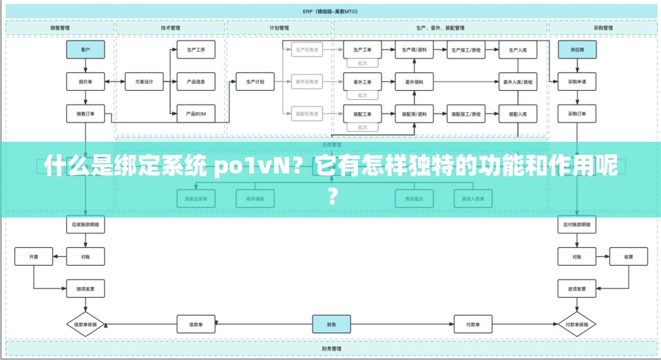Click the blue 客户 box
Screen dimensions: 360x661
pyautogui.click(x=85, y=50)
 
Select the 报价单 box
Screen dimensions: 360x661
pyautogui.click(x=85, y=82)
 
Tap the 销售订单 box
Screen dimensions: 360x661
pyautogui.click(x=85, y=114)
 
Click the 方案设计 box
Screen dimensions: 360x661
pyautogui.click(x=144, y=82)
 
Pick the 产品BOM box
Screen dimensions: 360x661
pyautogui.click(x=196, y=114)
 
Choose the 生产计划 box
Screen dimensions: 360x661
pyautogui.click(x=255, y=82)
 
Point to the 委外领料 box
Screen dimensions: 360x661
pyautogui.click(x=414, y=82)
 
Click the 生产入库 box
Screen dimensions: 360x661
pyautogui.click(x=518, y=50)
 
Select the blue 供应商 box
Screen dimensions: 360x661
pyautogui.click(x=577, y=50)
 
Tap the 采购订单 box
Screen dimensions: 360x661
pyautogui.click(x=577, y=114)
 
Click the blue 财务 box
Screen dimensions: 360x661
pyautogui.click(x=331, y=324)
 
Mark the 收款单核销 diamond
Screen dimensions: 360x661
pyautogui.click(x=85, y=324)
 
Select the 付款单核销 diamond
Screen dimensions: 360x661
pyautogui.click(x=577, y=324)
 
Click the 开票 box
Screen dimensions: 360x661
pyautogui.click(x=34, y=257)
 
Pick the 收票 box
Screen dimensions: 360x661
pyautogui.click(x=629, y=257)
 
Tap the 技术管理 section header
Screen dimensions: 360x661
pyautogui.click(x=170, y=28)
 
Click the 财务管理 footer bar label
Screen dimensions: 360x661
pyautogui.click(x=331, y=350)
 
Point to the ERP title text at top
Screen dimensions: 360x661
pyautogui.click(x=331, y=11)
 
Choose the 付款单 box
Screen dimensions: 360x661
pyautogui.click(x=473, y=324)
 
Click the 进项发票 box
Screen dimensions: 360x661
pyautogui.click(x=577, y=289)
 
